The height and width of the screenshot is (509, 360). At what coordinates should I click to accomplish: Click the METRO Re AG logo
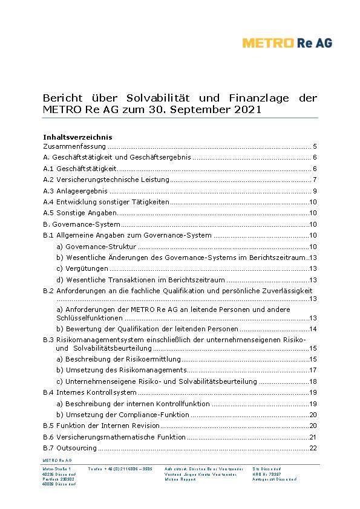point(287,42)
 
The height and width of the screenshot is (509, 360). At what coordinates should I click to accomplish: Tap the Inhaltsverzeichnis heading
point(77,137)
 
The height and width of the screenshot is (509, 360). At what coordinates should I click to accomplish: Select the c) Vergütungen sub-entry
point(82,268)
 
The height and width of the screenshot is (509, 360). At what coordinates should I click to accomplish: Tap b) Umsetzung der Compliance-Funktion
point(122,415)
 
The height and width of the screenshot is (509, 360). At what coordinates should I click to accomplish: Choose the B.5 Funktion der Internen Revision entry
point(102,426)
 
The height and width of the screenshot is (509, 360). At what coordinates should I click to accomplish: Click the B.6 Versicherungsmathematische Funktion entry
point(114,437)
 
